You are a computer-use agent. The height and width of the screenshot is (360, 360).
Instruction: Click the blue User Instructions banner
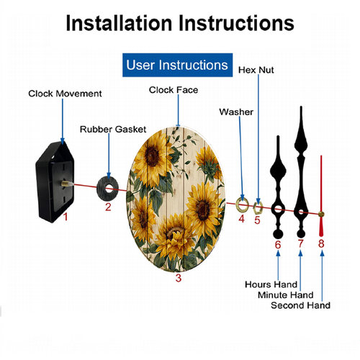(x=177, y=65)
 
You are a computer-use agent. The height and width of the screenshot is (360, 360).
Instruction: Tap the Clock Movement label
(x=65, y=94)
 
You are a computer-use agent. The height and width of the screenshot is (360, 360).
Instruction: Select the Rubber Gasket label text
(x=113, y=130)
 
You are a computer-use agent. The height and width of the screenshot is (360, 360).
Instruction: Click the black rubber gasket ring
(x=107, y=189)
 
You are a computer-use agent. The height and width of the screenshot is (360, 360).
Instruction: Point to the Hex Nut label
(x=256, y=70)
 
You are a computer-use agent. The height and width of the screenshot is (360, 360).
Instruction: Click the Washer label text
(x=236, y=112)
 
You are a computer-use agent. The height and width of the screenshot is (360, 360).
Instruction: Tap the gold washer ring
(x=242, y=204)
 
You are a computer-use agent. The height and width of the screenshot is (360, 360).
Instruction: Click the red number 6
(x=278, y=245)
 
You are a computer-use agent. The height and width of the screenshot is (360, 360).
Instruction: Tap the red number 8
(x=321, y=243)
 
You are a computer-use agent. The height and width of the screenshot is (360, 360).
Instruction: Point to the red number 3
(x=178, y=278)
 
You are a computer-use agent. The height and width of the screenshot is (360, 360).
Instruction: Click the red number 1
(x=66, y=217)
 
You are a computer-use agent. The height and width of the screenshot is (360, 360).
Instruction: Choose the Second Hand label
(x=300, y=305)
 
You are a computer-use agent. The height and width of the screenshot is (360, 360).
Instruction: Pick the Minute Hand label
(x=286, y=295)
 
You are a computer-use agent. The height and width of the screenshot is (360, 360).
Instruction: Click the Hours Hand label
(x=271, y=284)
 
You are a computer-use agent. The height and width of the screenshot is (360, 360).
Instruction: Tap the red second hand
(x=321, y=196)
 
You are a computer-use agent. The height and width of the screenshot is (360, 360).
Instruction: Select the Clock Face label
(x=174, y=90)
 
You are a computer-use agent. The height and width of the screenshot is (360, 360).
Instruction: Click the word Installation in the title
(x=120, y=23)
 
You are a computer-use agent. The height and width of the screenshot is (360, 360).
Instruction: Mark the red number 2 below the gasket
(x=108, y=207)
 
